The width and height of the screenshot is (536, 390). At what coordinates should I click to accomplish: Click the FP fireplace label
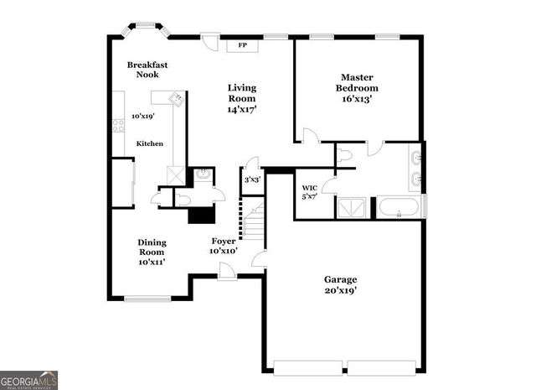click(x=243, y=45)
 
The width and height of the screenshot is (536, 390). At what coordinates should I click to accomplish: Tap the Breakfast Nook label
click(x=143, y=70)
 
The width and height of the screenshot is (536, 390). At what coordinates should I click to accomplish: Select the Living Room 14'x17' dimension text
click(x=243, y=109)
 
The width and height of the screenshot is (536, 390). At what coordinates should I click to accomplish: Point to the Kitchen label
click(x=150, y=143)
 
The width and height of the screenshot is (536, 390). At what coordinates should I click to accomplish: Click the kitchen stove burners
click(x=118, y=125)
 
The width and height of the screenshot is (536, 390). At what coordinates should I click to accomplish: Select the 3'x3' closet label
click(x=251, y=179)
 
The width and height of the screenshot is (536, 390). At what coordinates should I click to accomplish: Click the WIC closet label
click(x=310, y=191)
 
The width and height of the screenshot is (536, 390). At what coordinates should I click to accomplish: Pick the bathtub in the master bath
click(x=399, y=208)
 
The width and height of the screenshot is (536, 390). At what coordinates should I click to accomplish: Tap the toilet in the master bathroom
click(x=346, y=154)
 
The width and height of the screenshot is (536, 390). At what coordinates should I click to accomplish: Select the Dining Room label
click(x=152, y=251)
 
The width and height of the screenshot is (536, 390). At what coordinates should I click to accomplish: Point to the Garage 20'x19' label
click(x=341, y=284)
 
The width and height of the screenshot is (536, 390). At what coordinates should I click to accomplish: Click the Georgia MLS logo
click(x=29, y=379)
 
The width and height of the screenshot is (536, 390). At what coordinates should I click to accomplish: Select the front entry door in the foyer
click(x=225, y=270)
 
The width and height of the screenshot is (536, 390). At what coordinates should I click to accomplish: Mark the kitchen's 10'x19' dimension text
click(x=143, y=116)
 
